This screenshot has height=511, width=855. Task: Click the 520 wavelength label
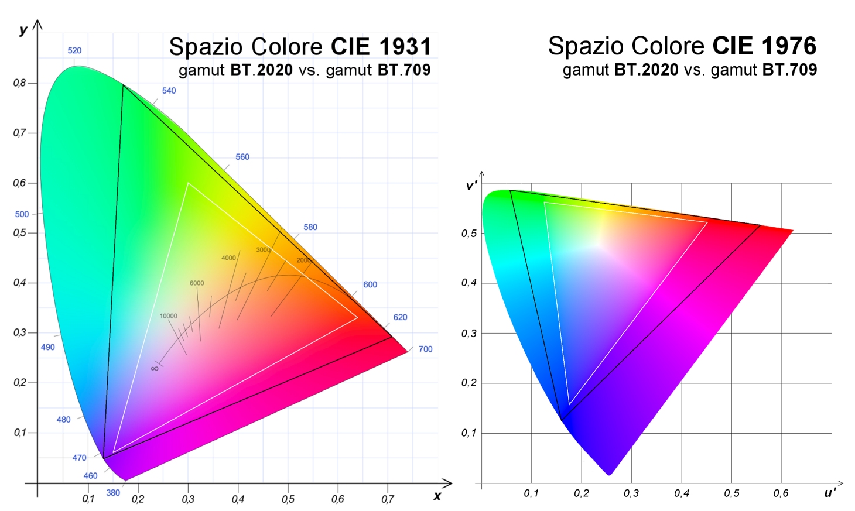coord(74,50)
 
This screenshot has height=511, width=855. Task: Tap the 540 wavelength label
coord(169,91)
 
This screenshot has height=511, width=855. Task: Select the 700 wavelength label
coord(425,349)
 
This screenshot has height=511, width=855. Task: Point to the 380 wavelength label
coord(113,493)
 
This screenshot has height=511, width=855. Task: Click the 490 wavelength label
coord(47,347)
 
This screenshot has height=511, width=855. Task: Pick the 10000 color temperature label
coord(168,316)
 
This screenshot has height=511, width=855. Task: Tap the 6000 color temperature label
coord(197,283)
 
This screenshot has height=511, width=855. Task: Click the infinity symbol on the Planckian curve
coord(155,368)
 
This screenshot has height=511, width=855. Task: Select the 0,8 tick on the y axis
coord(20,83)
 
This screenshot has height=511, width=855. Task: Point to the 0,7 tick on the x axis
coord(387,499)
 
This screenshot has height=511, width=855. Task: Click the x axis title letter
coord(437,496)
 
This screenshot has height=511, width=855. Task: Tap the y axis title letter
coord(23,29)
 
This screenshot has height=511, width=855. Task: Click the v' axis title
coord(471,186)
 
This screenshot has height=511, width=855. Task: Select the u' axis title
coord(830,493)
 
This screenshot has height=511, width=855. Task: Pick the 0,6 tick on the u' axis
coord(781,493)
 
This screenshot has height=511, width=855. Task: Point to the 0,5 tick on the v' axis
coord(469,234)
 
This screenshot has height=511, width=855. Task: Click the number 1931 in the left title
coord(405,47)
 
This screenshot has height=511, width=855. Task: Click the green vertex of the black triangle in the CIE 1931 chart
coord(123,85)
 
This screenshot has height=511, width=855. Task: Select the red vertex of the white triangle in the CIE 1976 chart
coord(707,222)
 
